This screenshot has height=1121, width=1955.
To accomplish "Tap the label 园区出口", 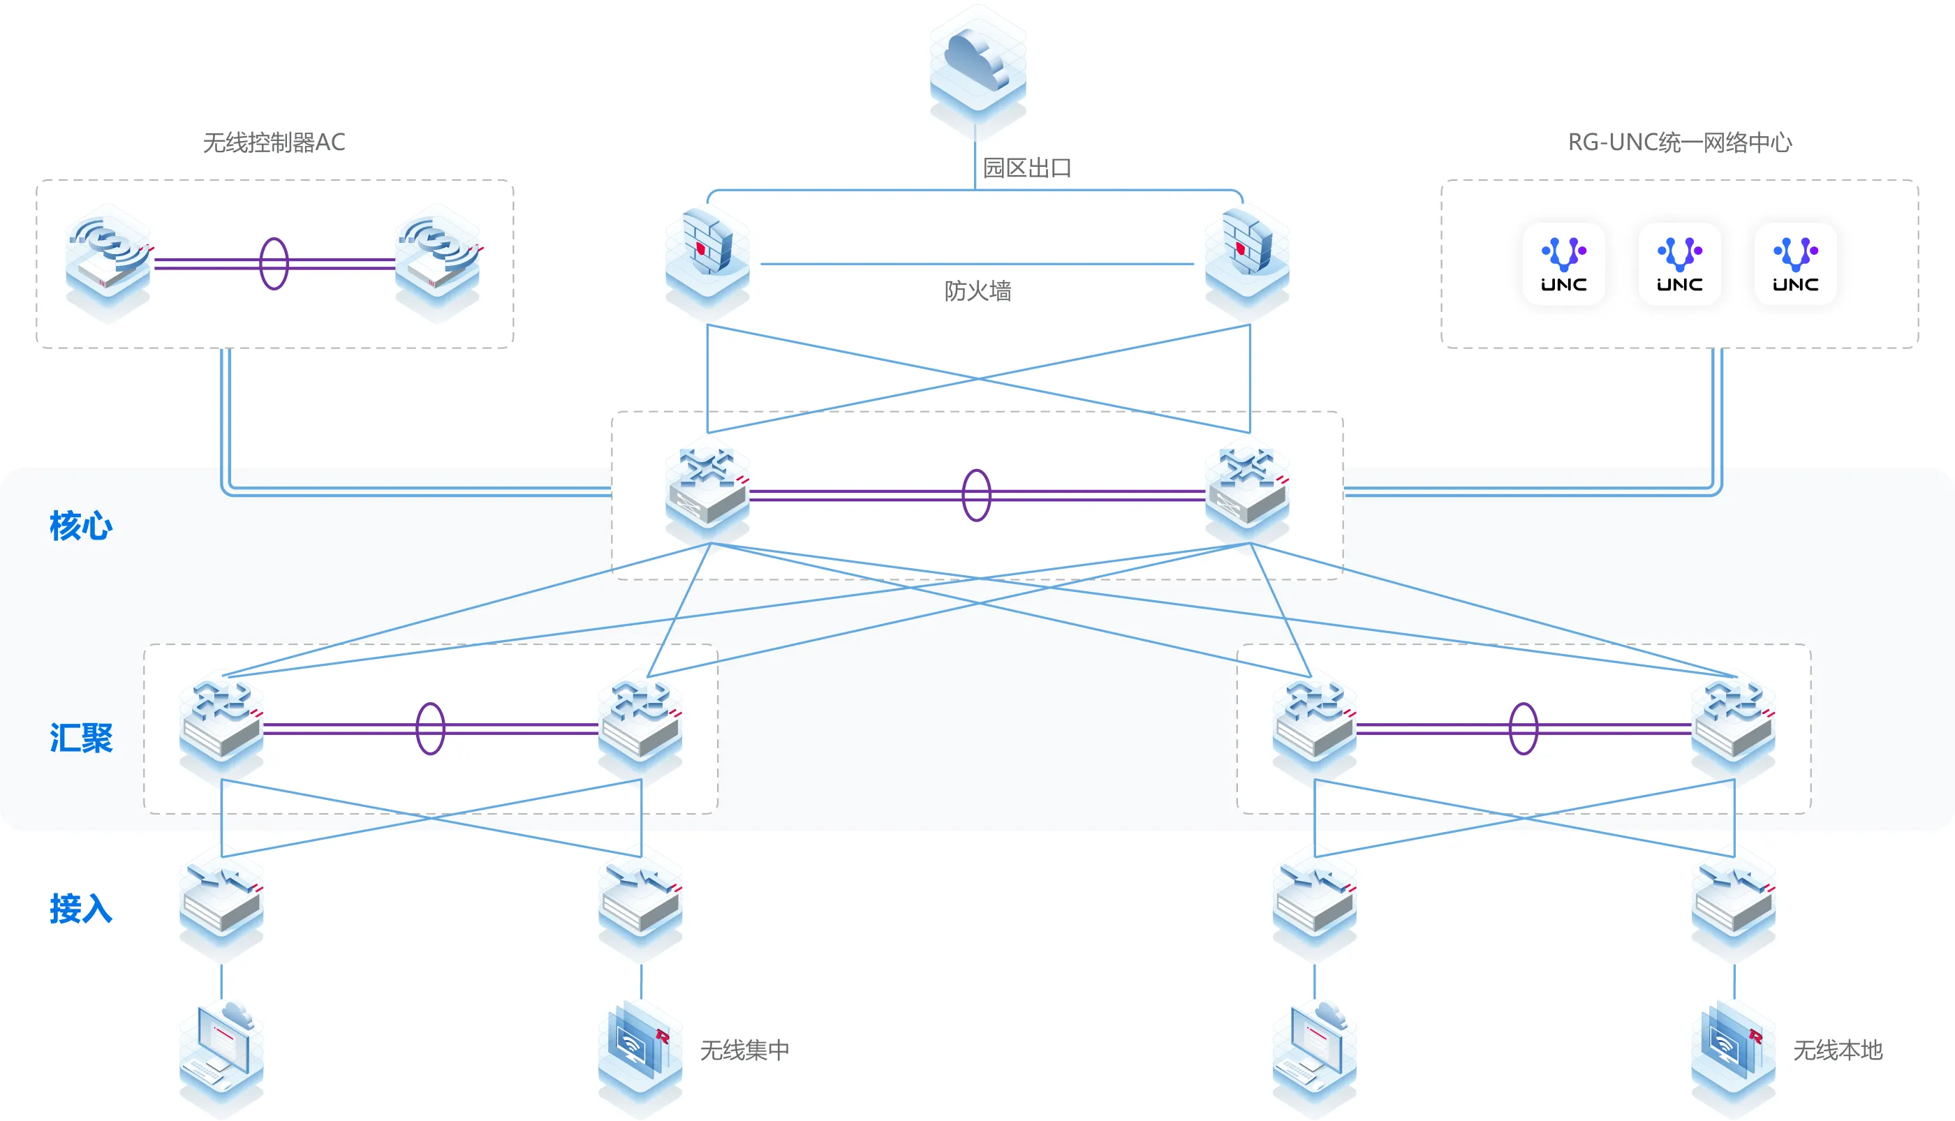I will click(1027, 168).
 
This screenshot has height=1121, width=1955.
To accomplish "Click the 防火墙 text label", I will click(977, 291).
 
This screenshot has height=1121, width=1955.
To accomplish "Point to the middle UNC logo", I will click(1679, 264).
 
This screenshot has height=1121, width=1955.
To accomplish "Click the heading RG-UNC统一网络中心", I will click(1679, 142).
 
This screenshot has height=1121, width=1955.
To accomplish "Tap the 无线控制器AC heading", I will click(274, 142).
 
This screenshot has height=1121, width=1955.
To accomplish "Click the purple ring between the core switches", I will click(976, 495).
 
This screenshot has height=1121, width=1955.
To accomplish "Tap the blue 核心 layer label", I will click(81, 526).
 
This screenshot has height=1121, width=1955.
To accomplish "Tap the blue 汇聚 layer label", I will click(81, 738).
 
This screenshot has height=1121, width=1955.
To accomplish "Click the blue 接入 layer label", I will click(81, 909).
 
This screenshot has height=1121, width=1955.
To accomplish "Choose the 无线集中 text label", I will click(744, 1051).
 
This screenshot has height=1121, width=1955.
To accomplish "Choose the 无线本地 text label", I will click(1837, 1051).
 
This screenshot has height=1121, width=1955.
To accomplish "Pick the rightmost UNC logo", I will click(1795, 264).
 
